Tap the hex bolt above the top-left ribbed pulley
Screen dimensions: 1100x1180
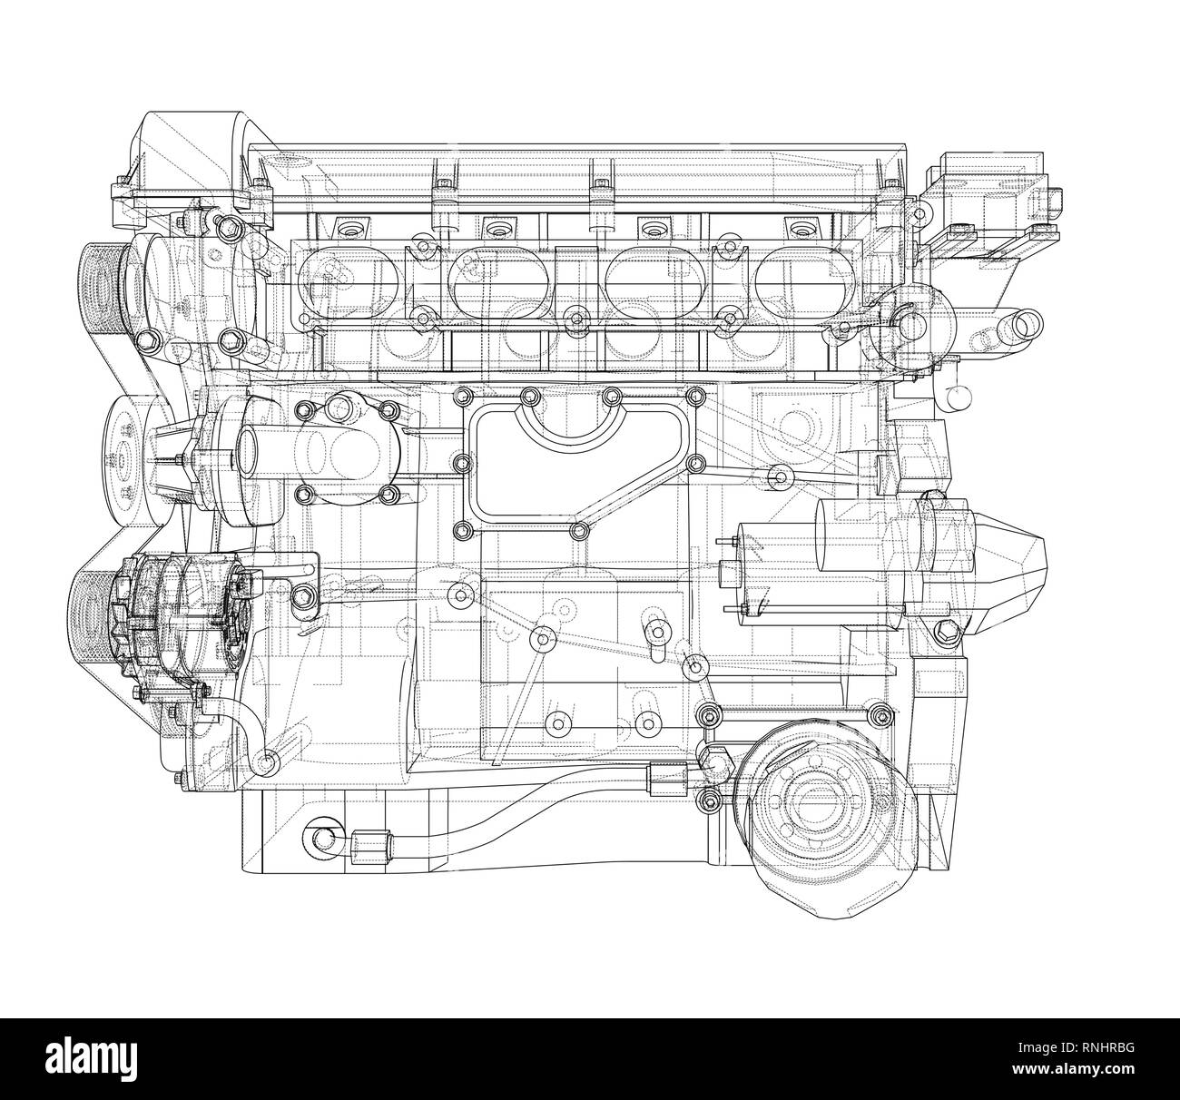tap(229, 224)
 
